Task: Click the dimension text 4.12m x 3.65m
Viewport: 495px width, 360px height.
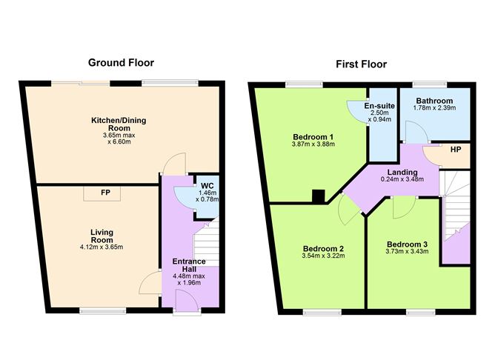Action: click(x=97, y=247)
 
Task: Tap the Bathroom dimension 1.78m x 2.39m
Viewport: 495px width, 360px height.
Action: click(x=434, y=109)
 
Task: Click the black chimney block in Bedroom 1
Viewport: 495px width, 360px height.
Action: click(x=317, y=196)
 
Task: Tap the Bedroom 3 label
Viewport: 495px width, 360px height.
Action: click(x=406, y=244)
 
